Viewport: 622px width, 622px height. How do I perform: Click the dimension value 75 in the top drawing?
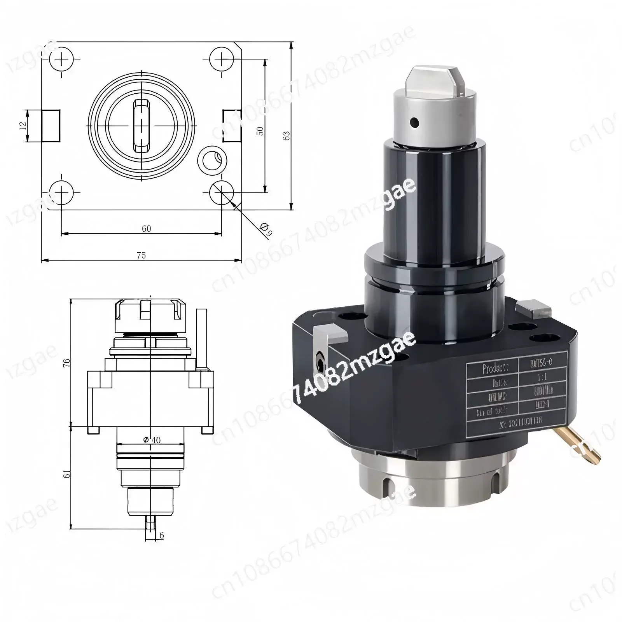point(142,255)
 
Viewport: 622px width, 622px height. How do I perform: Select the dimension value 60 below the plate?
point(146,229)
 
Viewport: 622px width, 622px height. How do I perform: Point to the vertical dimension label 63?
point(287,136)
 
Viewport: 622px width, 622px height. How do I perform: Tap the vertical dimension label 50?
point(260,131)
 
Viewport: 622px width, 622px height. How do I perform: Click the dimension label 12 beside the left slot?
point(23,125)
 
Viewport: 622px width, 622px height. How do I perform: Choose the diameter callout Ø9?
point(266,229)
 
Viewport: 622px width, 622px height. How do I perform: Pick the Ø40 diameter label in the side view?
point(152,440)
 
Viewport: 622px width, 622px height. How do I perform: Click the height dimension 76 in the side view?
point(67,363)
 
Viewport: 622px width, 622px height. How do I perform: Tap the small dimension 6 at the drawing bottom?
point(161,535)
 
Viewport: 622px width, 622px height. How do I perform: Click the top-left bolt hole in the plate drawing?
point(61,59)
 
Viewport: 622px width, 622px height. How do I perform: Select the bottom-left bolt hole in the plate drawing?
point(61,192)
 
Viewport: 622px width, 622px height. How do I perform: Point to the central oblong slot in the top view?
point(142,126)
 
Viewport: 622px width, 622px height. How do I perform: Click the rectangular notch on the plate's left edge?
point(51,126)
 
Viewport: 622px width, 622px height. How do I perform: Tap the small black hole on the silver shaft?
point(415,123)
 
